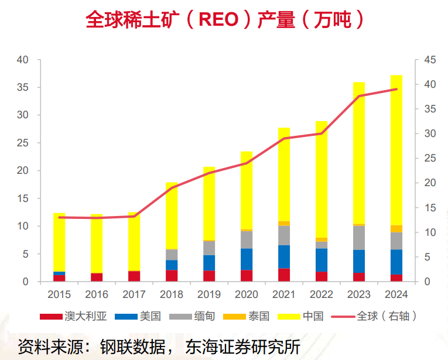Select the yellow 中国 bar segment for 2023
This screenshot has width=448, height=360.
point(359,153)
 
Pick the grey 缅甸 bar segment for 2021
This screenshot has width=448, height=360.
point(284,235)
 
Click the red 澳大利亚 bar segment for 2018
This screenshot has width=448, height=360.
point(172,276)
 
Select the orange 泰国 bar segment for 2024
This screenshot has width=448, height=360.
point(396,229)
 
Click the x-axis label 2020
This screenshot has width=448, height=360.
point(247,294)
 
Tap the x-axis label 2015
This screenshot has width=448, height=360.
point(59,294)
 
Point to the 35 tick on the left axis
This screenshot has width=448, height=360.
point(22,87)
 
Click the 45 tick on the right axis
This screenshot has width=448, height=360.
point(429,60)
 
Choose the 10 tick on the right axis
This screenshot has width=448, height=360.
point(429,232)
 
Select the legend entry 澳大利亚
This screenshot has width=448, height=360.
point(73,317)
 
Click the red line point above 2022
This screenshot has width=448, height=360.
point(322,133)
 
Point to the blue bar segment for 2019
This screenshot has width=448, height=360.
point(209,263)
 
